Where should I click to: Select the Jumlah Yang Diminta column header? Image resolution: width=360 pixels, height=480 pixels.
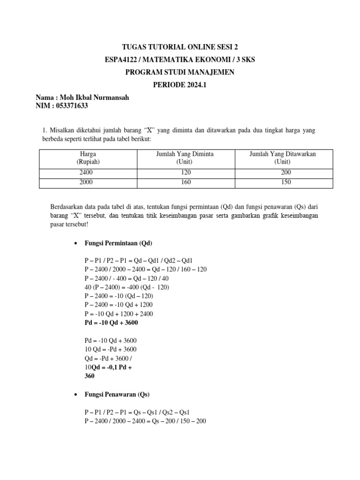pos(185,157)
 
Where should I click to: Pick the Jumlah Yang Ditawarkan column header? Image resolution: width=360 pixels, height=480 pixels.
pos(283,157)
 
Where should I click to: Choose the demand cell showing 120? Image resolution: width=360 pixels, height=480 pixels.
pos(185,172)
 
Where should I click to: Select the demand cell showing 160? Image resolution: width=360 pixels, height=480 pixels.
pos(185,182)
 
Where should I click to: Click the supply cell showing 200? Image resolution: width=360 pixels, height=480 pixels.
pos(283,172)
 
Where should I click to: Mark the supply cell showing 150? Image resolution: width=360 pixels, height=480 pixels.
pos(283,182)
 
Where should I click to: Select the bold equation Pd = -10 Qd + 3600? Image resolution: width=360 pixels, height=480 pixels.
pos(111,323)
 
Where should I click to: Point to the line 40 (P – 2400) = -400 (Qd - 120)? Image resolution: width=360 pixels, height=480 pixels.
pos(127,287)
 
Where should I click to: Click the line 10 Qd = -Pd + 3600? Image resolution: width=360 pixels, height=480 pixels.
pos(111,350)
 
